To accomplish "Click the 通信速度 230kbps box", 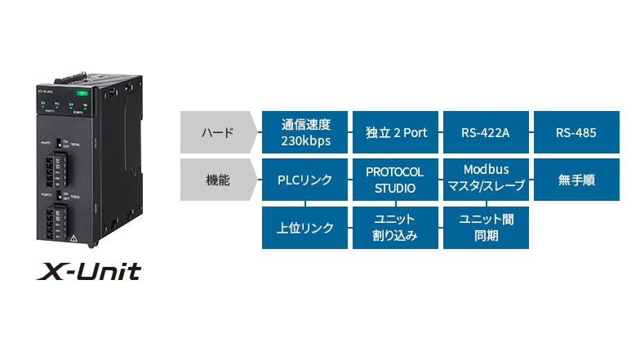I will click(305, 132).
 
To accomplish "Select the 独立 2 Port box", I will click(395, 132).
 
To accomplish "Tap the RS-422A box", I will click(485, 132).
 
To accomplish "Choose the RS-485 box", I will click(576, 132).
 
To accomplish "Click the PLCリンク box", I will click(305, 180).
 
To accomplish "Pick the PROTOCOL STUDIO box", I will click(395, 180).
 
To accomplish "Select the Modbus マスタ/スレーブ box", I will click(485, 180).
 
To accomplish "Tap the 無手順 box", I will click(576, 180).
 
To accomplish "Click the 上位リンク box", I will click(305, 228).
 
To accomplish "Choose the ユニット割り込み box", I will click(395, 228).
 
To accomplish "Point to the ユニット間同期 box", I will click(485, 228).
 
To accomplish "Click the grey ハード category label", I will click(217, 132).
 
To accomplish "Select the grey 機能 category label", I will click(217, 180).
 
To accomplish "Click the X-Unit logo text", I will click(88, 270).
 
